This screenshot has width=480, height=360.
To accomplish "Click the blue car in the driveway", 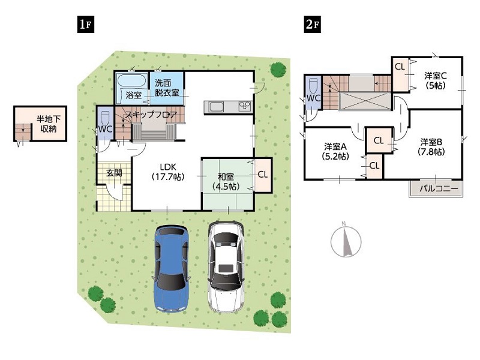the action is click(x=171, y=268).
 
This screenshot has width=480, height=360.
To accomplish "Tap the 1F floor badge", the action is click(x=85, y=25).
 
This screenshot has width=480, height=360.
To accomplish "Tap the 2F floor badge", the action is click(x=313, y=25).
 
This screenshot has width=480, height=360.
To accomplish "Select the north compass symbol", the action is click(x=346, y=240).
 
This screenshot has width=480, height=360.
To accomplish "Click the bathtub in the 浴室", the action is click(x=131, y=81).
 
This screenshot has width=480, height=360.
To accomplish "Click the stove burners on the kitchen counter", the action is click(x=245, y=107).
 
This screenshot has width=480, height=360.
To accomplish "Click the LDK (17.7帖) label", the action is click(x=168, y=172).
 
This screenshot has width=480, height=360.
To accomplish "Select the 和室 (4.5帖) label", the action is click(x=226, y=182).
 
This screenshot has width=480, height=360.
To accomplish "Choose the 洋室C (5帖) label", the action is click(x=436, y=80).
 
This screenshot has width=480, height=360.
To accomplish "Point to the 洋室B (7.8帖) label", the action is click(x=431, y=147).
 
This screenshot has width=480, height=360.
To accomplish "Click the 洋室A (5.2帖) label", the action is click(x=335, y=151).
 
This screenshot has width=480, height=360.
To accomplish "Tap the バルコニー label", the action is click(x=439, y=188).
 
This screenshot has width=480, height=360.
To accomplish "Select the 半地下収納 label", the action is click(x=49, y=124).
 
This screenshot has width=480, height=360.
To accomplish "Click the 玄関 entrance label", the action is click(x=114, y=173).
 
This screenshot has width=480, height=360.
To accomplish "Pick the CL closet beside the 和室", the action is click(x=263, y=175).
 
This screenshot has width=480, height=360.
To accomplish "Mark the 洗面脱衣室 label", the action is click(x=167, y=88).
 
